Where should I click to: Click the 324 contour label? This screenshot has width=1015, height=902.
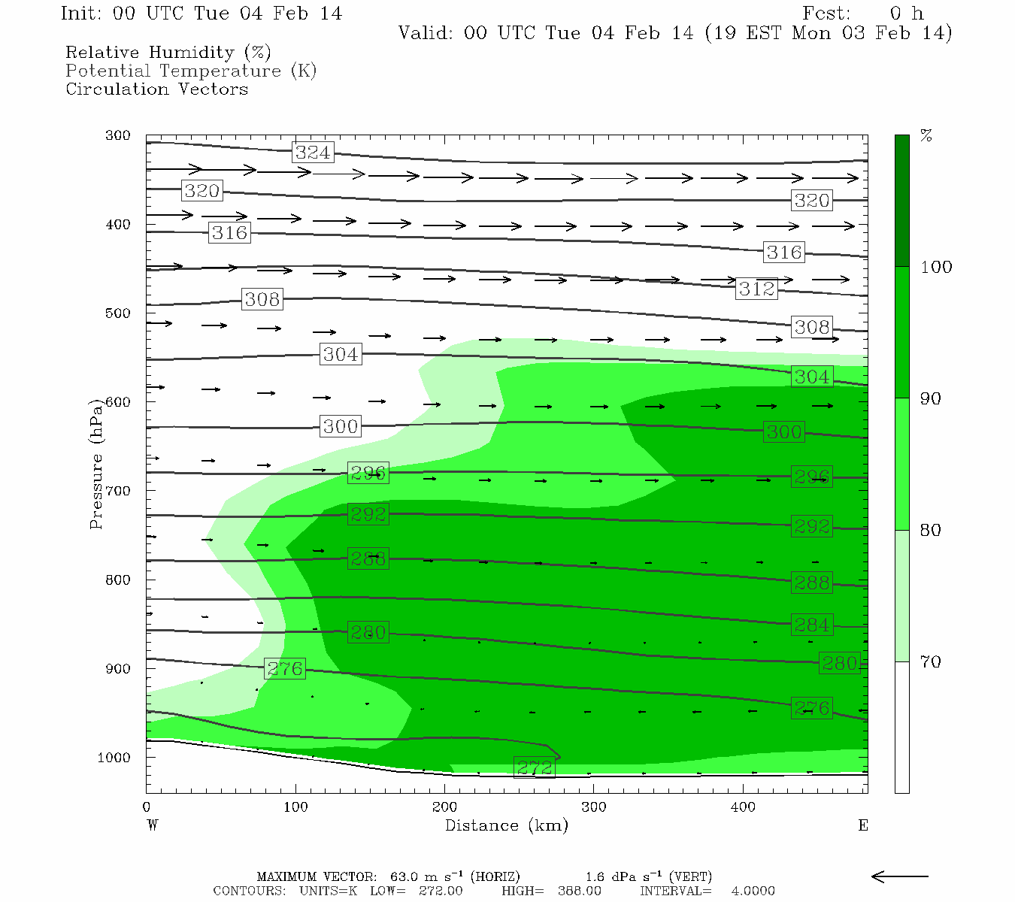[313, 153]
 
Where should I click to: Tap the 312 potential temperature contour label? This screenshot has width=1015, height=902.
[756, 289]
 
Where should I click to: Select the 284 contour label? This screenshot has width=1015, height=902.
[812, 625]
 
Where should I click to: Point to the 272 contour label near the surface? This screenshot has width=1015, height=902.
[535, 767]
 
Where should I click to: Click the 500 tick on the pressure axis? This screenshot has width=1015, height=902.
[118, 313]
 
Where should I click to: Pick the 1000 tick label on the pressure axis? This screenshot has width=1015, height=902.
[114, 758]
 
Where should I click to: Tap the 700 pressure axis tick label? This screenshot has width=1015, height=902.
[118, 491]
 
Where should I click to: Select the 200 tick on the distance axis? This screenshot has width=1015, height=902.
[445, 807]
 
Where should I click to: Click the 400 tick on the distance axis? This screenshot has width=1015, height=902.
[743, 807]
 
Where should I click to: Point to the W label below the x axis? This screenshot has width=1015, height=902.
[152, 825]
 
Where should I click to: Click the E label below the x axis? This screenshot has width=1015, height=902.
[863, 825]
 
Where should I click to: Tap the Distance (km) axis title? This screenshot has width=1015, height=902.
[507, 825]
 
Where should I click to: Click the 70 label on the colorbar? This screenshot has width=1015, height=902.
[931, 662]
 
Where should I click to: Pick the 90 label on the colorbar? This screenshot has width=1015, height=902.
[931, 399]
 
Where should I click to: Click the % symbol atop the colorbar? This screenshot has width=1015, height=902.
[926, 136]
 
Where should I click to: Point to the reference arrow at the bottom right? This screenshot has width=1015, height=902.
[900, 876]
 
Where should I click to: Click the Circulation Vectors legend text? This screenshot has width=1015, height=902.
[156, 89]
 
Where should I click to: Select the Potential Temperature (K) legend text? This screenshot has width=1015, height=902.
[191, 71]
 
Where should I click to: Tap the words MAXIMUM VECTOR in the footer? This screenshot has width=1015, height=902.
[316, 877]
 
